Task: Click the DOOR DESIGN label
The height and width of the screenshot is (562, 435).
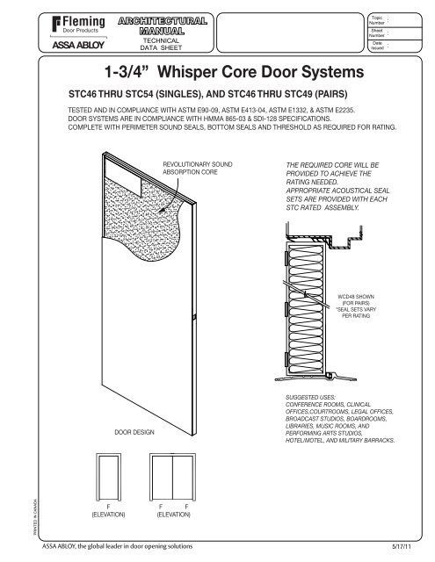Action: click(136, 433)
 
